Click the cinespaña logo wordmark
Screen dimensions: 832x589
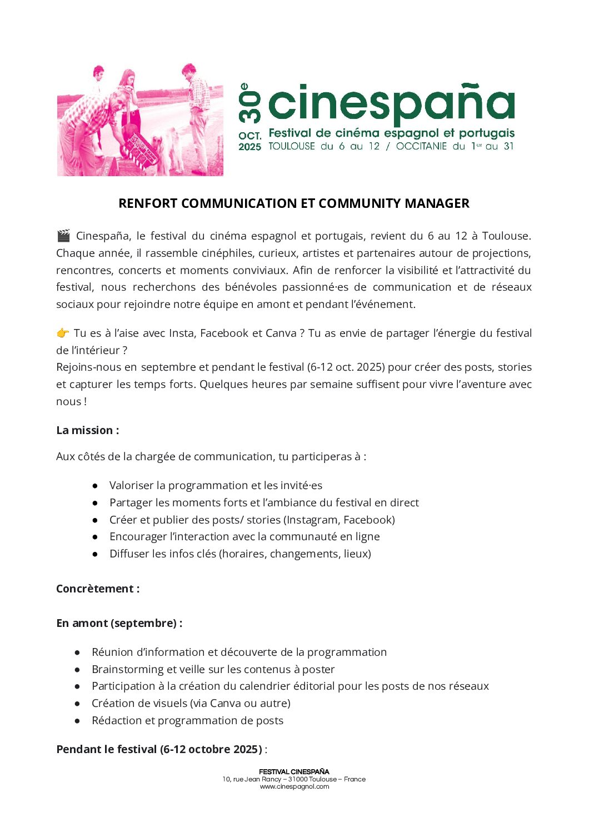[391, 104]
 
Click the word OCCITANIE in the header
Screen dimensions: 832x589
[421, 146]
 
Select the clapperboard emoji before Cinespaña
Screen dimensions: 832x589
[63, 236]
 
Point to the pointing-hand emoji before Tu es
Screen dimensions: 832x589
[63, 333]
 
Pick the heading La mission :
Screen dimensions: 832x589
[87, 430]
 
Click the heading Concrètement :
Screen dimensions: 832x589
[98, 589]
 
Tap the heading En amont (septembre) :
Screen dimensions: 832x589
[119, 623]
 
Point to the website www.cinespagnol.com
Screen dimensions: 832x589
[294, 786]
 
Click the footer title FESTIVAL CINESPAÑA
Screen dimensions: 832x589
[294, 771]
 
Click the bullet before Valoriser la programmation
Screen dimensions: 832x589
[96, 486]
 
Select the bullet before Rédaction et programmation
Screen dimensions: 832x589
[78, 721]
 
